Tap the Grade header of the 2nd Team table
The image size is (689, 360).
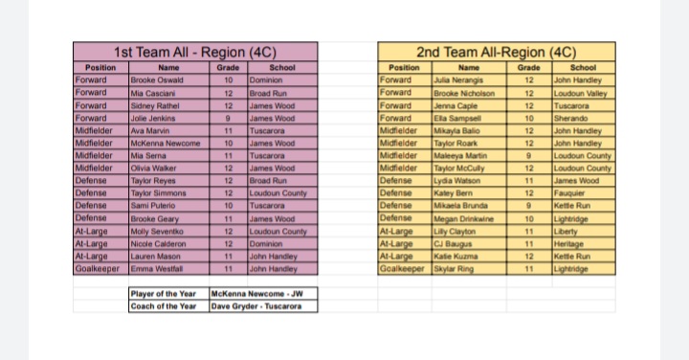point(529,68)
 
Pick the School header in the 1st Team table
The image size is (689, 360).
point(282,68)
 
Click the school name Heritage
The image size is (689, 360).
point(569,244)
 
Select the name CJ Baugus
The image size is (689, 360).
point(451,244)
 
